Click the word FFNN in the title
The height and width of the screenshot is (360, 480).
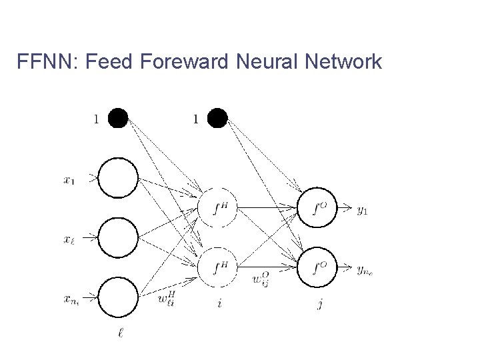tap(44, 62)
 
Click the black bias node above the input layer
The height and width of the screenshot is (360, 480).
tap(118, 119)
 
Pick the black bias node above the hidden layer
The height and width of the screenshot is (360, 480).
tap(218, 119)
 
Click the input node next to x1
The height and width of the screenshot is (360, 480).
tap(118, 178)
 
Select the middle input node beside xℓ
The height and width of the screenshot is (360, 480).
tap(118, 237)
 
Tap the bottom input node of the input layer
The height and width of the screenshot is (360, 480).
tap(118, 294)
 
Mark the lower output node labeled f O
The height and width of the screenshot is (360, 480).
tap(318, 267)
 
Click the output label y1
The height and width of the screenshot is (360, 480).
tap(362, 210)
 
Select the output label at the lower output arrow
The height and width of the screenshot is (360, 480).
tap(364, 269)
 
